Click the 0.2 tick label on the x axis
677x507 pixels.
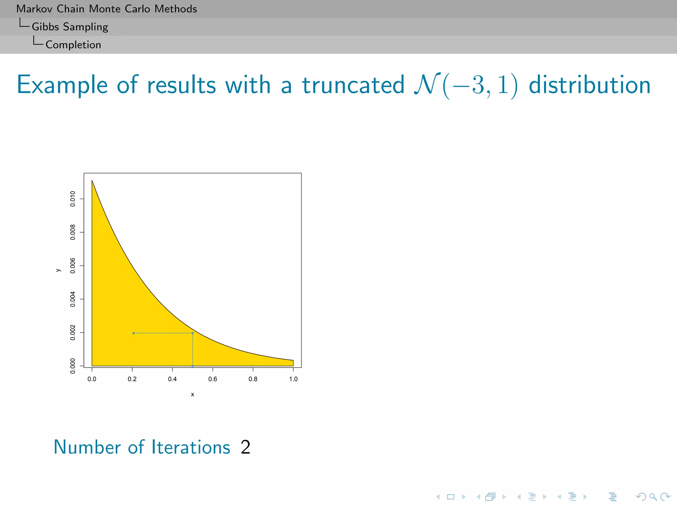coord(132,379)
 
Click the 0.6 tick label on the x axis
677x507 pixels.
coord(213,379)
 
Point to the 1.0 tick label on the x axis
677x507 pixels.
coord(293,379)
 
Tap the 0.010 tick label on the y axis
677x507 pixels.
coord(73,199)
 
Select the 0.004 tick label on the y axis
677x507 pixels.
coord(73,299)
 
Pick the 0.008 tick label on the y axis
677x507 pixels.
coord(73,232)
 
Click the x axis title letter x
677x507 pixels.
coord(192,394)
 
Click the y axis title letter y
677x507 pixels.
coord(58,270)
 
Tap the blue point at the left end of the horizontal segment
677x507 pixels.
coord(134,333)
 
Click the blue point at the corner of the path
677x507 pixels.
coord(193,333)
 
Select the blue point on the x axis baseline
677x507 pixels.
coord(193,366)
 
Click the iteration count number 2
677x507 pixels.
coord(245,448)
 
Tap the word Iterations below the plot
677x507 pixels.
coord(191,448)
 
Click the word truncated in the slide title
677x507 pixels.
coord(353,85)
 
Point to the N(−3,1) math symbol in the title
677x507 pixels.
coord(465,85)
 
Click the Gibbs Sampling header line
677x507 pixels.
coord(70,27)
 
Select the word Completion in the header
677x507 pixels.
coord(73,45)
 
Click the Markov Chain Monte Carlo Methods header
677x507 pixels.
coord(106,9)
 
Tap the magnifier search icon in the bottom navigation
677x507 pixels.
coord(653,496)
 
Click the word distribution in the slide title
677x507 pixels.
coord(589,85)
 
